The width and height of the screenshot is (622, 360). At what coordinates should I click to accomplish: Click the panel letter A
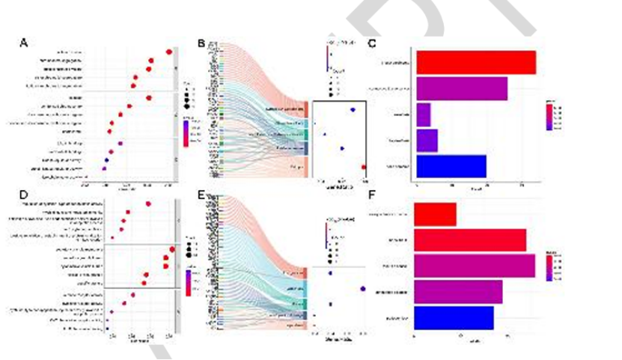point(24,43)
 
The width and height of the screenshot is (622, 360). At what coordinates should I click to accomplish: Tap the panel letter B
point(201,44)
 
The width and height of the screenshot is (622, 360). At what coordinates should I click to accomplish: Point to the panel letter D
point(24,195)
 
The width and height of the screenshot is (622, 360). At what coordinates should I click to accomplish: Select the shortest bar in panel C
point(424,115)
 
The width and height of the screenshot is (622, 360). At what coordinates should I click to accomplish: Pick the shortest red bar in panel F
point(435,215)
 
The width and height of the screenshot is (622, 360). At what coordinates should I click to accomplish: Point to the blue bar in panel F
point(454,317)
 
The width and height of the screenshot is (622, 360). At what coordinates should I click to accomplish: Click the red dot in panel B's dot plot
point(364,167)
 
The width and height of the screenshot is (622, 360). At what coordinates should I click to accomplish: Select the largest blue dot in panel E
point(363,288)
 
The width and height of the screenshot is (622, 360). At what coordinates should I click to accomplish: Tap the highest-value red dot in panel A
point(169,52)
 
